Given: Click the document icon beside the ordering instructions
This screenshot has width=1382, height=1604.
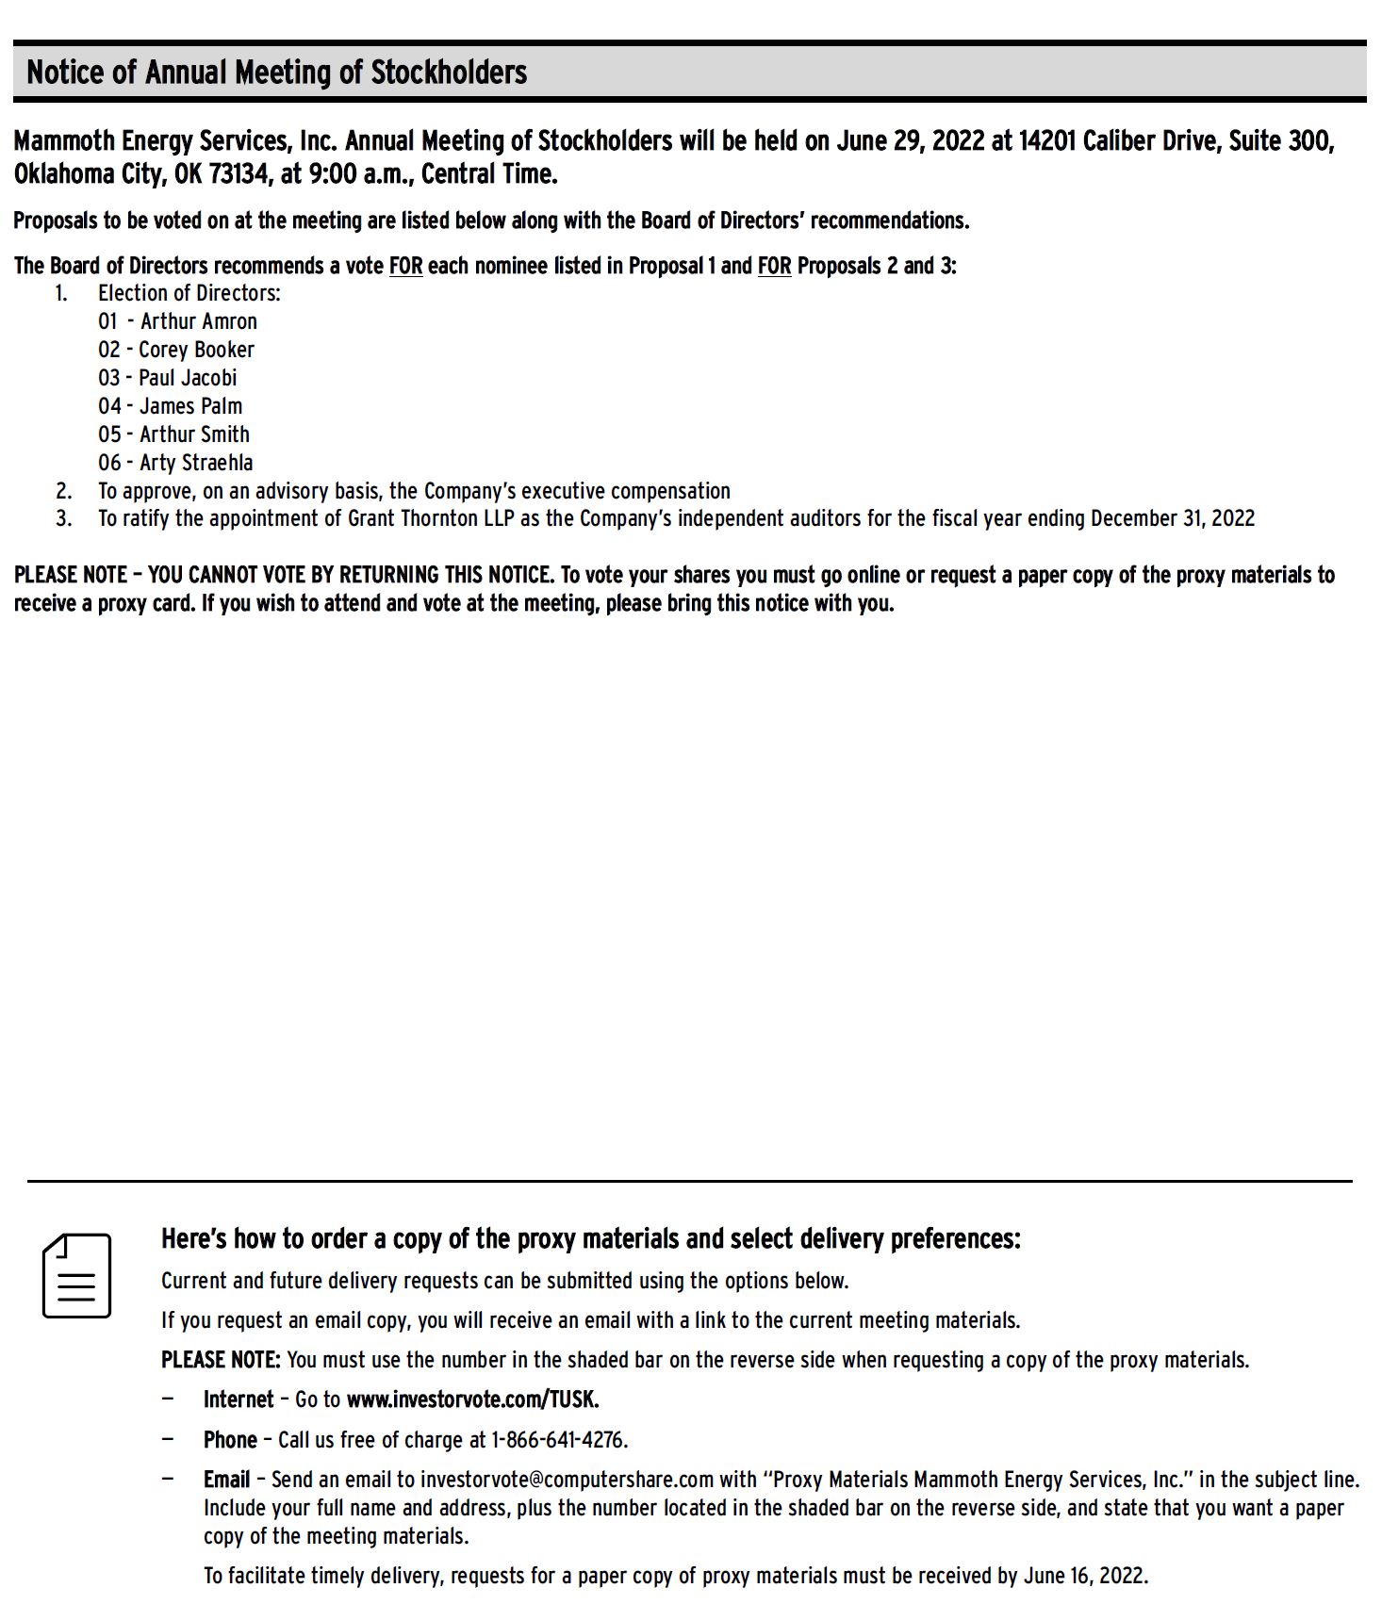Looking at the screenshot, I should tap(76, 1275).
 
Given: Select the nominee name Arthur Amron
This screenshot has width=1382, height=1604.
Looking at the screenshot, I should tap(198, 321).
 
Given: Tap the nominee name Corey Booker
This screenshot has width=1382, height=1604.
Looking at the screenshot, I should tap(196, 350).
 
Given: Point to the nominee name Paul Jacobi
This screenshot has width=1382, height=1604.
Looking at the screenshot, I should tap(188, 378).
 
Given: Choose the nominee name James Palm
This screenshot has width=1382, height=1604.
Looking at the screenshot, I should tap(190, 406).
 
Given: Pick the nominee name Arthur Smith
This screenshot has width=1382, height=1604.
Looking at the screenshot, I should tap(194, 434).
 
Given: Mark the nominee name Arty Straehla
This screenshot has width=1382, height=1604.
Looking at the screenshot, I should tap(196, 463).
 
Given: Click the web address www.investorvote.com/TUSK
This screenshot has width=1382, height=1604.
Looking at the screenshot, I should tap(472, 1399).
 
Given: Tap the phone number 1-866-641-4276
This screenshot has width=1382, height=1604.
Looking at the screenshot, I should tap(558, 1440).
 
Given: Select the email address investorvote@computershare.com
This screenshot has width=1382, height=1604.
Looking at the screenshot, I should tap(567, 1480).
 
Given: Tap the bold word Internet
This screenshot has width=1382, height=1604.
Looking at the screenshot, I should tap(239, 1399).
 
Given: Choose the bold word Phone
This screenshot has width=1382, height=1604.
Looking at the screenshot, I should tap(230, 1440).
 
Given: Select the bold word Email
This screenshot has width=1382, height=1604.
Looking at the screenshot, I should tap(227, 1480).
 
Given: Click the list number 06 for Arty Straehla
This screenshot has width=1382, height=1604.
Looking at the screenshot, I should tap(109, 463).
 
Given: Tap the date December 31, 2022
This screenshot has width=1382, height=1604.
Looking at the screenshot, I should tap(1173, 518).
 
